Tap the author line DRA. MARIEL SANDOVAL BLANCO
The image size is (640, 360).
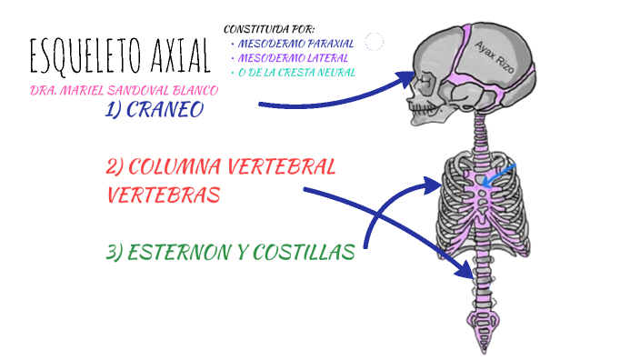pyautogui.click(x=124, y=93)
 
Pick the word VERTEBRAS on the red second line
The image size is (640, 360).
pyautogui.click(x=163, y=195)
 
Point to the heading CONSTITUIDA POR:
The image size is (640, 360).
pyautogui.click(x=269, y=30)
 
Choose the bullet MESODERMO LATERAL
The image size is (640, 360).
pyautogui.click(x=290, y=57)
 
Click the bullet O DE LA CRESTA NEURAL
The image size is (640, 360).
pyautogui.click(x=296, y=72)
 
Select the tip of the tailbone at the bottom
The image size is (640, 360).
pyautogui.click(x=478, y=350)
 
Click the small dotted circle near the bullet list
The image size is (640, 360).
pyautogui.click(x=374, y=41)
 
